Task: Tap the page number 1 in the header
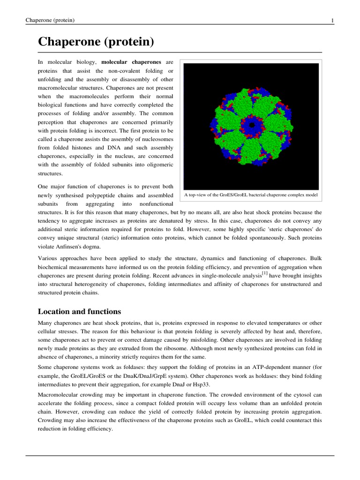(x=332, y=20)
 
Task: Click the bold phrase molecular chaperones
(x=131, y=62)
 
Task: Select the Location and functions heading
(x=79, y=312)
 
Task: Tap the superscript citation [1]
(x=265, y=272)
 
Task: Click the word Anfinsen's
(x=69, y=246)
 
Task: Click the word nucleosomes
(x=156, y=139)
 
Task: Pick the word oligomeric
(x=157, y=164)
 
